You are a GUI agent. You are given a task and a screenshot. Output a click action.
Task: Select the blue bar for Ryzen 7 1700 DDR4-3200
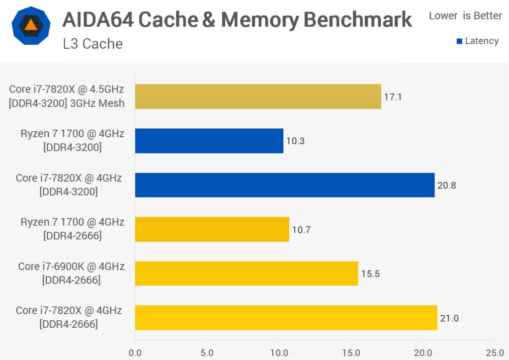pyautogui.click(x=209, y=141)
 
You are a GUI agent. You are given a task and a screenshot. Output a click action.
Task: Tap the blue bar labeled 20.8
pyautogui.click(x=284, y=185)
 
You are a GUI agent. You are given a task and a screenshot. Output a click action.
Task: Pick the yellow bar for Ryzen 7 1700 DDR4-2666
pyautogui.click(x=212, y=229)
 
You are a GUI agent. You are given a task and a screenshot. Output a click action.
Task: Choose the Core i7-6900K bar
pyautogui.click(x=246, y=273)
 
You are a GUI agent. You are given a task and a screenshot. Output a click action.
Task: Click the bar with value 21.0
pyautogui.click(x=286, y=318)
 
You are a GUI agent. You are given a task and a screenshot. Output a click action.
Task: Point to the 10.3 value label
pyautogui.click(x=295, y=141)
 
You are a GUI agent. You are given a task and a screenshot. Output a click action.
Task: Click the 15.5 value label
pyautogui.click(x=370, y=274)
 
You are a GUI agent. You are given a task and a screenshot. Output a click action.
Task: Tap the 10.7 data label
pyautogui.click(x=302, y=230)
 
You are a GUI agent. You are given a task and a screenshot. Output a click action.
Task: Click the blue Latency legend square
pyautogui.click(x=459, y=41)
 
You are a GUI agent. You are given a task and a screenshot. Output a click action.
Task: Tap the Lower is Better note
pyautogui.click(x=465, y=16)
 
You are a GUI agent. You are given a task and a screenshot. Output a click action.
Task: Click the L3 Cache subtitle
pyautogui.click(x=92, y=44)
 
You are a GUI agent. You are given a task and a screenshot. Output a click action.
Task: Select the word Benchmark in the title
pyautogui.click(x=358, y=20)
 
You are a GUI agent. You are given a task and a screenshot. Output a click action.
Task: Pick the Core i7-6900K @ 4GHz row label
pyautogui.click(x=71, y=267)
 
